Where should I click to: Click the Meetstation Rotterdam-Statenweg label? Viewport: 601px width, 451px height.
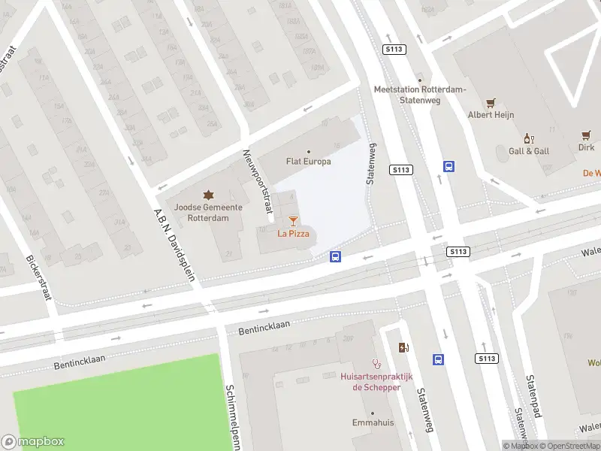click(x=420, y=94)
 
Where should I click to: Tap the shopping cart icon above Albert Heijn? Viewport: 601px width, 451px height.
click(x=491, y=103)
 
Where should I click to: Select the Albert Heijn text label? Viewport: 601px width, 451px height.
click(x=491, y=115)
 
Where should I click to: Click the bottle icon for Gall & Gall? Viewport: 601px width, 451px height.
click(x=529, y=139)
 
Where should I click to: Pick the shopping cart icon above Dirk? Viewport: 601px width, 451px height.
click(x=586, y=135)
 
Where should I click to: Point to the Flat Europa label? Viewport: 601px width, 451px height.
click(x=308, y=161)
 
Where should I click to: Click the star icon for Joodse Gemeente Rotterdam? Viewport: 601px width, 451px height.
click(x=208, y=195)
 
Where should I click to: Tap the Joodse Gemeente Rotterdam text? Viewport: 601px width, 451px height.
click(x=208, y=213)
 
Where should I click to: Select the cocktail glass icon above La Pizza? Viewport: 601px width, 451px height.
click(x=293, y=221)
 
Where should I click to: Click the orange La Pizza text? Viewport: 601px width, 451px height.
click(x=293, y=234)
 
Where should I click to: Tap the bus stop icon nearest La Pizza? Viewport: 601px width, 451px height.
click(x=335, y=257)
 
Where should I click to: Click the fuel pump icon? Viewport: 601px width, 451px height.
click(x=404, y=347)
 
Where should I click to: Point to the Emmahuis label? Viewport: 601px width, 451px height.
click(x=373, y=423)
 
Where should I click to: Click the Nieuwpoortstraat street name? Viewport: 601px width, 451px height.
click(x=255, y=180)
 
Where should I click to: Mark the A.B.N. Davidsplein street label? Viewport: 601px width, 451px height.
click(x=174, y=244)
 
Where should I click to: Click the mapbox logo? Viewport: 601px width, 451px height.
click(x=33, y=442)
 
